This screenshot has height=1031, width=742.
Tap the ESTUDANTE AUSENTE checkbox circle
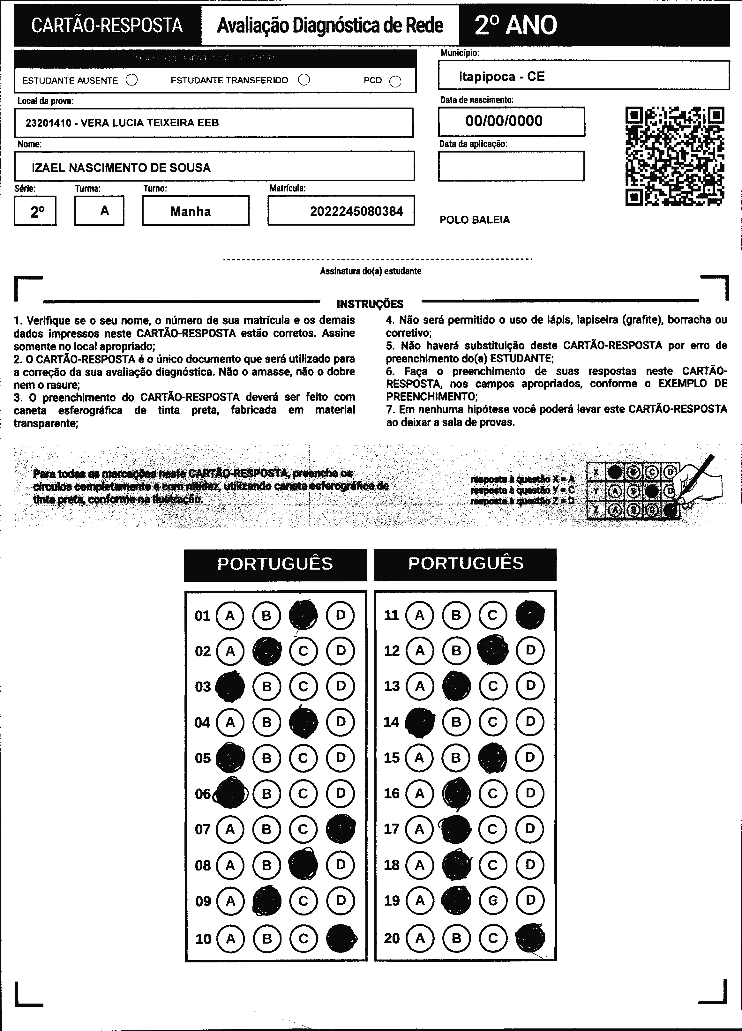pyautogui.click(x=131, y=80)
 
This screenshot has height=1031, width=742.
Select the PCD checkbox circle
pyautogui.click(x=395, y=81)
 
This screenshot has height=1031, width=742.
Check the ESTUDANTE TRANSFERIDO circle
pyautogui.click(x=304, y=80)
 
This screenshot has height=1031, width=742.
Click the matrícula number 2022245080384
pyautogui.click(x=356, y=211)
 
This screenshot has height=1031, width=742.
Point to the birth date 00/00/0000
pyautogui.click(x=504, y=121)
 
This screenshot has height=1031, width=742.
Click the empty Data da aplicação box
pyautogui.click(x=511, y=166)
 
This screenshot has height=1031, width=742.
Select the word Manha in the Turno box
pyautogui.click(x=191, y=211)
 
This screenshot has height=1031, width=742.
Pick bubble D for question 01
pyautogui.click(x=340, y=615)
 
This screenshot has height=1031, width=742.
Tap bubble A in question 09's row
pyautogui.click(x=230, y=900)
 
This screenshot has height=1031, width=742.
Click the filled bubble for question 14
pyautogui.click(x=419, y=722)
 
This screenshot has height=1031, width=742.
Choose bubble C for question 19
pyautogui.click(x=493, y=900)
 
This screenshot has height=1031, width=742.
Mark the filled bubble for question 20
pyautogui.click(x=530, y=938)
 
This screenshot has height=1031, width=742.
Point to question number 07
pyautogui.click(x=203, y=829)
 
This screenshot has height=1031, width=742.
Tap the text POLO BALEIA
pyautogui.click(x=475, y=220)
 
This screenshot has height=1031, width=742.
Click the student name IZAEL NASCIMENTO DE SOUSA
pyautogui.click(x=121, y=168)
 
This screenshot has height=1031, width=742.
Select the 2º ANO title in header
pyautogui.click(x=516, y=26)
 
